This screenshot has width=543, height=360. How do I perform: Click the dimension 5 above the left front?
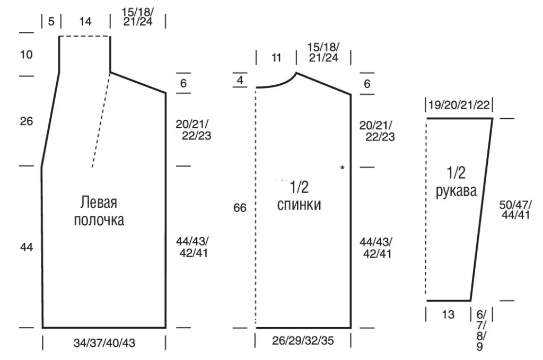[51, 21]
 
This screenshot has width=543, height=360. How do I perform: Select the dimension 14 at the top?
[85, 21]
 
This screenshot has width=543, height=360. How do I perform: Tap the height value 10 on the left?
[27, 55]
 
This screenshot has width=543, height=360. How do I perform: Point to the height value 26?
[27, 121]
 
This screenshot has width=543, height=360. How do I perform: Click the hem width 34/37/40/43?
[104, 343]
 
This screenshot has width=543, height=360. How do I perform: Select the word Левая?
[99, 203]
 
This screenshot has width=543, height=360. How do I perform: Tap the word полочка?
[99, 220]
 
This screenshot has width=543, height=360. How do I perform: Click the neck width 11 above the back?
[276, 57]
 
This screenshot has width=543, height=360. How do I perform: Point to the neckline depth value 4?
[240, 80]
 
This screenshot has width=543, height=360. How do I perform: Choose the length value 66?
[240, 208]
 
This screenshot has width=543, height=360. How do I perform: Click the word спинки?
[299, 205]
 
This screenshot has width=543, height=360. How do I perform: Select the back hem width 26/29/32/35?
[303, 340]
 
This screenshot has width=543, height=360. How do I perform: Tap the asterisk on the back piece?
[342, 168]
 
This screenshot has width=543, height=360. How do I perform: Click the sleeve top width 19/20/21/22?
[459, 104]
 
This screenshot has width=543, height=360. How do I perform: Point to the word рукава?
[456, 191]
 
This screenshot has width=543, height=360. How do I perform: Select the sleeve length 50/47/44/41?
[515, 210]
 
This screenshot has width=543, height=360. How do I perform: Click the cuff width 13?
[448, 314]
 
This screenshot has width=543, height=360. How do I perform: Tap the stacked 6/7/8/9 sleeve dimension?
[481, 331]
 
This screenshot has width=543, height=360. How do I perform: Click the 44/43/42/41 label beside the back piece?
[376, 248]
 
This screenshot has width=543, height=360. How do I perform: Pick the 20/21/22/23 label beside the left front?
[193, 130]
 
